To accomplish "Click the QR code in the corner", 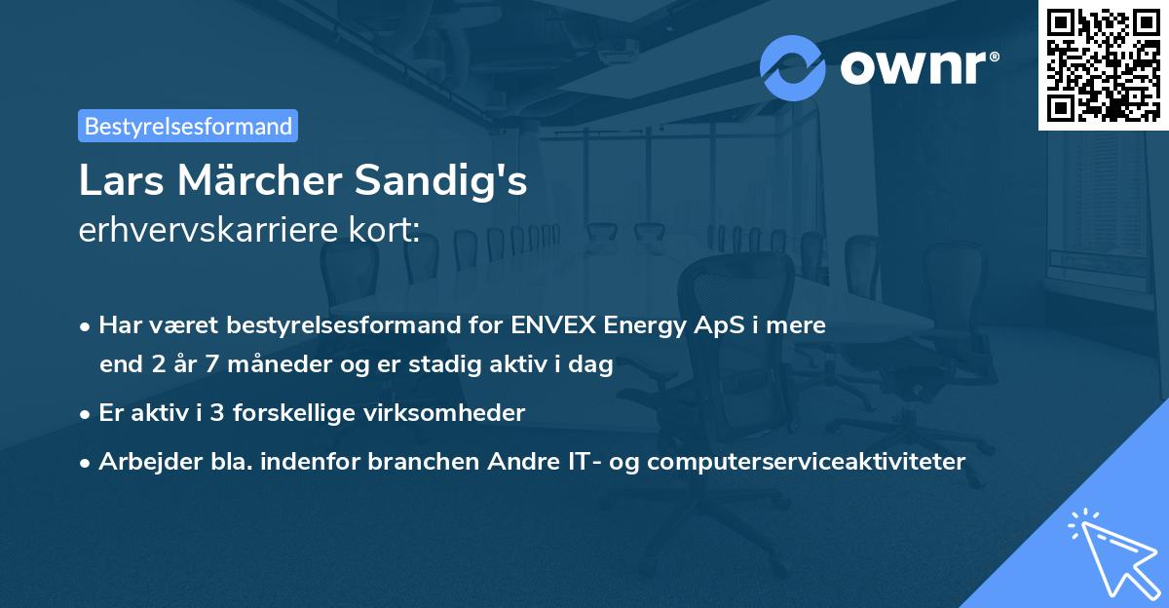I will (1103, 65).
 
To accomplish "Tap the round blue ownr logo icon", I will (793, 67).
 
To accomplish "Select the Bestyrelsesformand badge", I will (188, 126).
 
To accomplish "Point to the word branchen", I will (410, 461).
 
